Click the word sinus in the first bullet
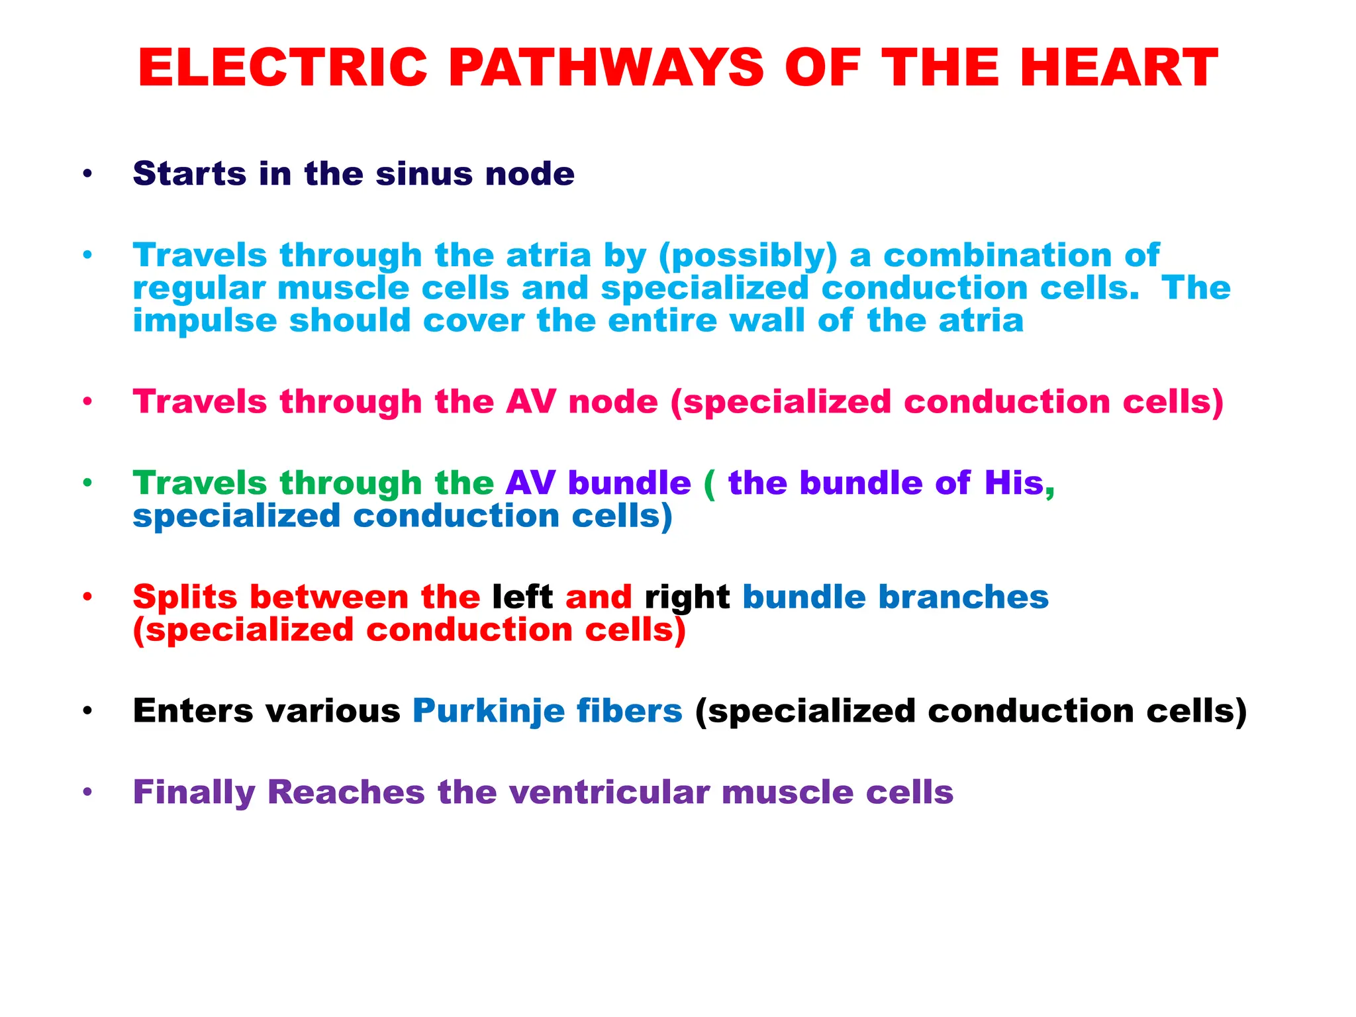424,173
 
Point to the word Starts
189,173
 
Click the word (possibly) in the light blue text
748,256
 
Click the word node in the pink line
613,402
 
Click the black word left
522,597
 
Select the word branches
963,597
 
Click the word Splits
185,597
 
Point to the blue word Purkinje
489,712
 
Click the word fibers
629,711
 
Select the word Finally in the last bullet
194,793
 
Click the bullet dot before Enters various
87,712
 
